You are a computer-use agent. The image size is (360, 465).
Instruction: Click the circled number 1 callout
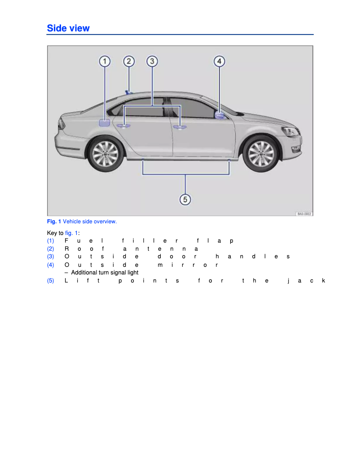[105, 61]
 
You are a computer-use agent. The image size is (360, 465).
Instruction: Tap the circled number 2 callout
[129, 61]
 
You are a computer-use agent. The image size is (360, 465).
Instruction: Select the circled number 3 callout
[152, 61]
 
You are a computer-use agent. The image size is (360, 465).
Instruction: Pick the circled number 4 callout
[219, 61]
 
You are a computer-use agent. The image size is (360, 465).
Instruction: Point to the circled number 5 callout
[185, 200]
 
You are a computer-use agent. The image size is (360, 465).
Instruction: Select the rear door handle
[123, 126]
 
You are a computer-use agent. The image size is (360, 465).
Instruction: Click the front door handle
[180, 127]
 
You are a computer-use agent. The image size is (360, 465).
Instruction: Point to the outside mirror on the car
[220, 116]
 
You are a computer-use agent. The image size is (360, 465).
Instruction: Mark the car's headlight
[291, 131]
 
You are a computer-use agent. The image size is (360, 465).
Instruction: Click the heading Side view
[68, 28]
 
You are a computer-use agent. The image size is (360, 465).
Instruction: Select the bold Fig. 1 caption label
[54, 222]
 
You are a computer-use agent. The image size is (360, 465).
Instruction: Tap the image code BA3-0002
[304, 214]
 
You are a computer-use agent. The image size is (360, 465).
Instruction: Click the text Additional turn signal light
[105, 273]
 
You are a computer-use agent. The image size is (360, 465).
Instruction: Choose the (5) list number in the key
[51, 281]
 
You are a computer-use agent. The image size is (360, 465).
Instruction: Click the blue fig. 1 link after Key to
[71, 233]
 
